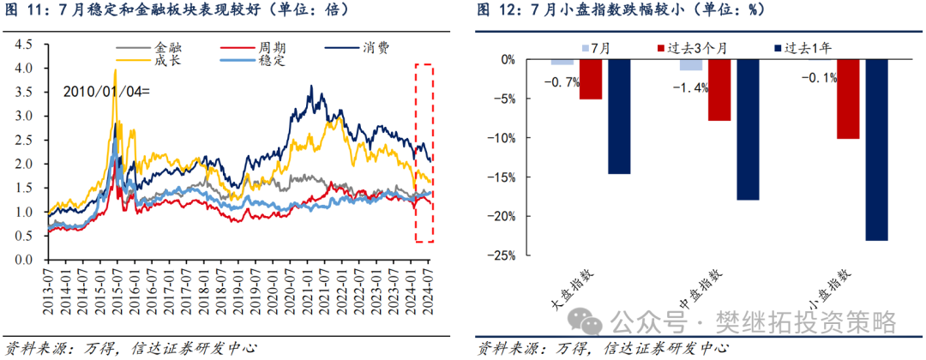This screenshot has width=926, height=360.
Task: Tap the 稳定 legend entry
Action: pyautogui.click(x=252, y=60)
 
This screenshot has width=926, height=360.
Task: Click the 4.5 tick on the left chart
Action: pyautogui.click(x=25, y=44)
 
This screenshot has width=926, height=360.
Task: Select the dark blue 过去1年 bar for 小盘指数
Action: pyautogui.click(x=876, y=150)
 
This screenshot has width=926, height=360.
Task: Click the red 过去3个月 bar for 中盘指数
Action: pyautogui.click(x=719, y=90)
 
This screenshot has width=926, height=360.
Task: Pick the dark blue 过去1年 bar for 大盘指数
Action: pyautogui.click(x=620, y=117)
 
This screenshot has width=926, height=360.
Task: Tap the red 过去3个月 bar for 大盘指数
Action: pyautogui.click(x=591, y=79)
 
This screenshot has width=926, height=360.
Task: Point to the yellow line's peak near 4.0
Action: pyautogui.click(x=115, y=69)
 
